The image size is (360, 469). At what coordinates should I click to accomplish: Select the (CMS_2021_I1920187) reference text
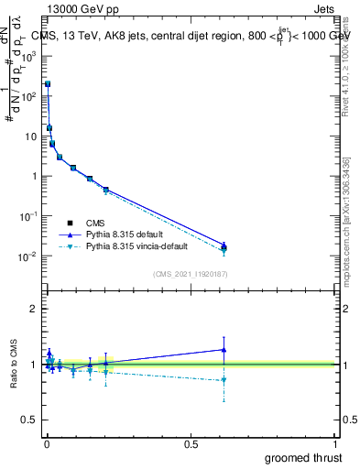tap(191, 274)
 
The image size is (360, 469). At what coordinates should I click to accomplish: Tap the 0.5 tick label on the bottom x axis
tap(191, 444)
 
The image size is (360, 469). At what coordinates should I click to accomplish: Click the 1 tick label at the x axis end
tap(335, 444)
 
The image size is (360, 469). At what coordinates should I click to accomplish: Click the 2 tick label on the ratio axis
tap(34, 309)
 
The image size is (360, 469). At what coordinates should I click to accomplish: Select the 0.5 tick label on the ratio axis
tap(31, 420)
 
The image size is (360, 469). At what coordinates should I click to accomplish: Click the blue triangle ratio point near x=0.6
tap(224, 349)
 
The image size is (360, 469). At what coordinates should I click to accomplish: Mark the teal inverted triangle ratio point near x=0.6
tap(224, 379)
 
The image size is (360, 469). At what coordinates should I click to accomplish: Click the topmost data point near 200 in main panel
tap(48, 83)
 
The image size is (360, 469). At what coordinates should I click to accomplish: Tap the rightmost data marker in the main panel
tap(224, 246)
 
